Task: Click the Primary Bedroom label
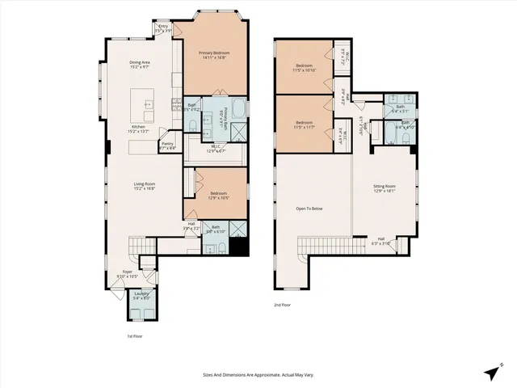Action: point(212,55)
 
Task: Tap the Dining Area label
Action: point(140,65)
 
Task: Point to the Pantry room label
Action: point(167,146)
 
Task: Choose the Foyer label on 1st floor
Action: point(128,274)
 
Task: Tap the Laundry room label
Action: point(141,295)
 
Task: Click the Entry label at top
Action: point(163,27)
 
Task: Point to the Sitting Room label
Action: point(384,188)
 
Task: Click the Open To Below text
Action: point(309,209)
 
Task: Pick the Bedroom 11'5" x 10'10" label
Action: point(304,68)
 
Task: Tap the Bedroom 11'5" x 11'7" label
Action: point(304,124)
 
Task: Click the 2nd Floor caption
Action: point(283,306)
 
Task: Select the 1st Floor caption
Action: point(135,335)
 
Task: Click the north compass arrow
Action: point(491,372)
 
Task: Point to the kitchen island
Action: point(146,103)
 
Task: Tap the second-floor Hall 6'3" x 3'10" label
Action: point(380,241)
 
